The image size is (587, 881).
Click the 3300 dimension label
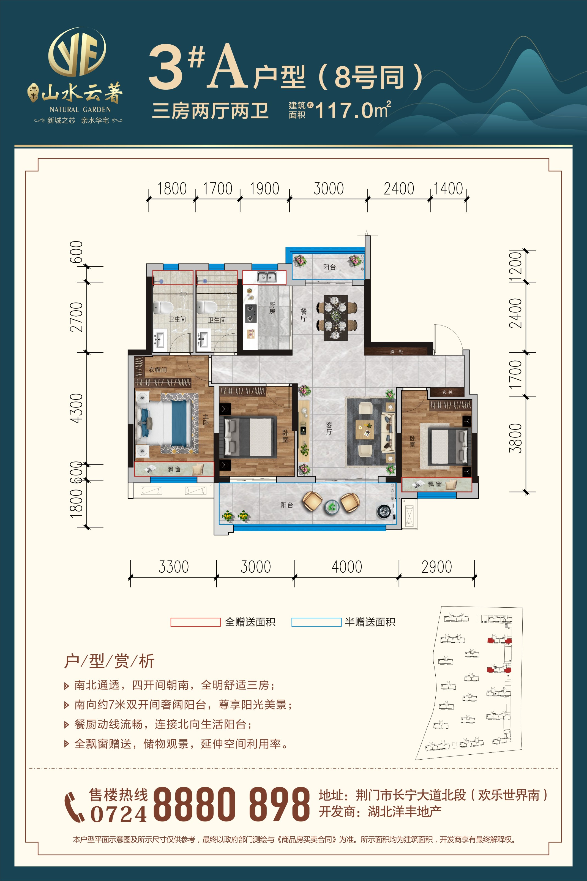click(x=173, y=567)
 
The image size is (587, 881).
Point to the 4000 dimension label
click(x=347, y=567)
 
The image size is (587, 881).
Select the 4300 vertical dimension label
click(x=77, y=408)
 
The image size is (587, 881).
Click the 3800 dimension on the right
click(x=515, y=438)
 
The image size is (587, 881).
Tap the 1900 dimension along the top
click(x=264, y=189)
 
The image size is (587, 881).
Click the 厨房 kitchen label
click(x=272, y=308)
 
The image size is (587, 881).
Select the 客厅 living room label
click(x=329, y=428)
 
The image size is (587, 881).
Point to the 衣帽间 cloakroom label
click(x=158, y=369)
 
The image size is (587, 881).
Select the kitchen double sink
click(x=267, y=277)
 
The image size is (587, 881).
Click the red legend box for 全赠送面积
click(x=195, y=622)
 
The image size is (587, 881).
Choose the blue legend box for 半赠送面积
click(x=316, y=622)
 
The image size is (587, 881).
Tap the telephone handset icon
click(x=74, y=807)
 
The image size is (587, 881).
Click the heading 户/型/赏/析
click(x=109, y=661)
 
